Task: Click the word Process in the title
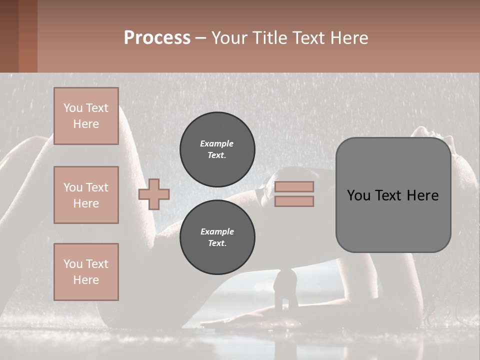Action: [157, 38]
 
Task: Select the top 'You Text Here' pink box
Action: [86, 116]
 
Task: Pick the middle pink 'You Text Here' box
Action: [86, 195]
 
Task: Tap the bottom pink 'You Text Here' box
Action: [86, 272]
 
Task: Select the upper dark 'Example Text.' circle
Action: [217, 149]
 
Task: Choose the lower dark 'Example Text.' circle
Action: [217, 237]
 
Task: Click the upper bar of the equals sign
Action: [294, 186]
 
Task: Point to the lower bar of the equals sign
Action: [294, 201]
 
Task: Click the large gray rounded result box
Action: [393, 195]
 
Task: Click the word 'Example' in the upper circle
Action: [217, 143]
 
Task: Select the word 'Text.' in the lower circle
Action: [217, 243]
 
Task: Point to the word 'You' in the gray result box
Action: [358, 195]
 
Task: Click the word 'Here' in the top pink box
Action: [86, 124]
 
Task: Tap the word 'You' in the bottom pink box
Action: [72, 264]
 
